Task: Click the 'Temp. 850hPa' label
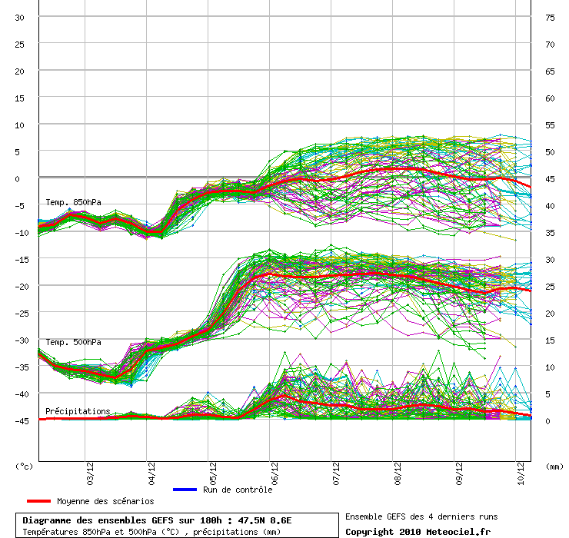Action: pyautogui.click(x=73, y=203)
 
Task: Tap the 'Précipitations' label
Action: pyautogui.click(x=78, y=411)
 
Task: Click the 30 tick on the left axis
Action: pyautogui.click(x=20, y=18)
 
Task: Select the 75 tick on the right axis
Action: pyautogui.click(x=550, y=18)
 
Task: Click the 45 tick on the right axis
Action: pyautogui.click(x=550, y=178)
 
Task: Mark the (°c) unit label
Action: pyautogui.click(x=25, y=466)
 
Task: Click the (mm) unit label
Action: pyautogui.click(x=554, y=466)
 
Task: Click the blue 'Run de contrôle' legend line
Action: pyautogui.click(x=185, y=490)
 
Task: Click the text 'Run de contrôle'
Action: pyautogui.click(x=238, y=490)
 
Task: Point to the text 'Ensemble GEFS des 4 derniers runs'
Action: pyautogui.click(x=421, y=516)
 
